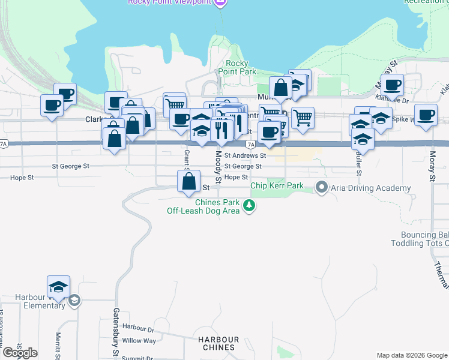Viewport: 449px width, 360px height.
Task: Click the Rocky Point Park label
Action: coord(241,67)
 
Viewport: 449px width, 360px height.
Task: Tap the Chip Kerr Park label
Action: coord(277,185)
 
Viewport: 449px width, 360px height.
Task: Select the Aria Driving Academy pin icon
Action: coord(322,188)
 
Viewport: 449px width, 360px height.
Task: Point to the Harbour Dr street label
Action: coord(138,328)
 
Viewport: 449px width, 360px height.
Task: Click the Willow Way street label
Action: coord(139,341)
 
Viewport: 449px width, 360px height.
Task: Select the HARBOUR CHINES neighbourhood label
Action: coord(218,344)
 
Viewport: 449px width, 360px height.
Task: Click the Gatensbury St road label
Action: coord(116,332)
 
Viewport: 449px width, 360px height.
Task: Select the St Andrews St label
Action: coord(245,155)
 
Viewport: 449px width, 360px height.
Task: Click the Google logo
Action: coord(20,353)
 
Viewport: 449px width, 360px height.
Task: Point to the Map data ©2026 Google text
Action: coord(411,355)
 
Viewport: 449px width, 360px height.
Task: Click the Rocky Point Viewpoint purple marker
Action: coord(220,2)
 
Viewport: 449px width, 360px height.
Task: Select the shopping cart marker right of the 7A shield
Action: coord(303,118)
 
